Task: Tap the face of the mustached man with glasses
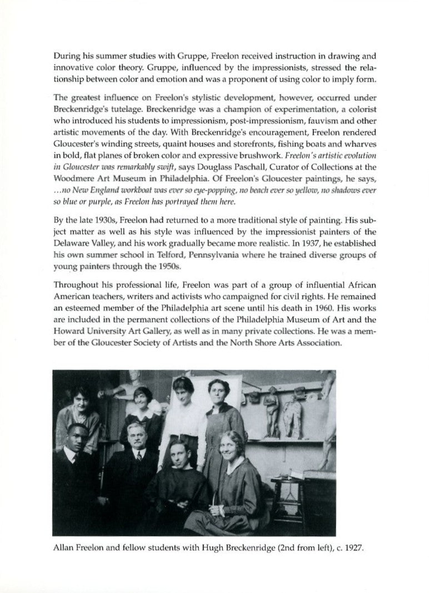[135, 434]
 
